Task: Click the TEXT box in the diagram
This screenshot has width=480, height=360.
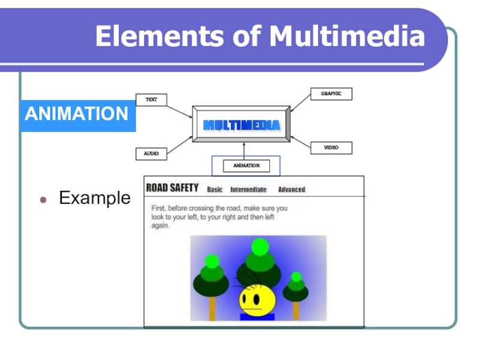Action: pos(151,100)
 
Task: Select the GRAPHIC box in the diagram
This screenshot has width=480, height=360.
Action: pos(331,94)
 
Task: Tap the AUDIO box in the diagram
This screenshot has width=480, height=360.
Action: pos(151,154)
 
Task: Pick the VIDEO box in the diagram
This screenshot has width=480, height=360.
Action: pos(331,148)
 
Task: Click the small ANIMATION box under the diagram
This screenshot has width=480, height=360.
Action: pos(247,166)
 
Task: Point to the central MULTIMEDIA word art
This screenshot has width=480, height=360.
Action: pos(242,125)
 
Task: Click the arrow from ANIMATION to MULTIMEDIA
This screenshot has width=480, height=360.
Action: pos(244,151)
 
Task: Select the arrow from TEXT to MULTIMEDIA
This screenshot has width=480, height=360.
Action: pos(179,112)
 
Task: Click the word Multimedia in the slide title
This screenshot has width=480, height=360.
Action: pos(347,36)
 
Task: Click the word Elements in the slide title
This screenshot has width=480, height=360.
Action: pos(160,36)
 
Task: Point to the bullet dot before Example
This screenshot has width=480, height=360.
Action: pos(43,200)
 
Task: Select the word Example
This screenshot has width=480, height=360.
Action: pos(95,198)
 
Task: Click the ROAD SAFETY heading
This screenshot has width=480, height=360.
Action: pos(172,188)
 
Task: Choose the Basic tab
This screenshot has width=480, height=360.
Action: pos(215,190)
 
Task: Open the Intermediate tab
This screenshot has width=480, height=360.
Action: pos(248,190)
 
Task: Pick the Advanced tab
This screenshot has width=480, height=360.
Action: pos(292,190)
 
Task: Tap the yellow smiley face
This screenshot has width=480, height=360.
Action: pos(257,300)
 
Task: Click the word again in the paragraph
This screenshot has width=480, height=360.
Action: pos(160,226)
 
